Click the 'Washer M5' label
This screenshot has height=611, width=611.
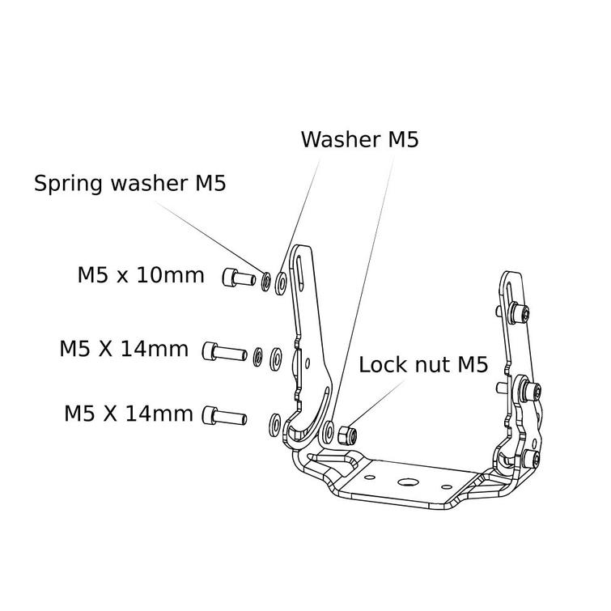[359, 139]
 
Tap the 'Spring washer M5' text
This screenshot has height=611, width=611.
[129, 183]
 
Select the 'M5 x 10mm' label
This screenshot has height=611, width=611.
[141, 275]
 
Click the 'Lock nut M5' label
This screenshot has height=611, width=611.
[423, 365]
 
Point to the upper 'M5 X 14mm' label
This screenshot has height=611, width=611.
[124, 350]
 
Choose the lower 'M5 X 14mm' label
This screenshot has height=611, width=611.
[129, 414]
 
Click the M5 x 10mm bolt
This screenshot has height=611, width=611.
[235, 279]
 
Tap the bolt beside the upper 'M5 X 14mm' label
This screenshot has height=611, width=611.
[224, 352]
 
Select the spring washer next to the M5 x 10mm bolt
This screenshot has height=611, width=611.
[265, 282]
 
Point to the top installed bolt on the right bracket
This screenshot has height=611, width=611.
[522, 312]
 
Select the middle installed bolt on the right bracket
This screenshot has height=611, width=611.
[530, 392]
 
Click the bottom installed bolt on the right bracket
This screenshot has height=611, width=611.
[532, 460]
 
